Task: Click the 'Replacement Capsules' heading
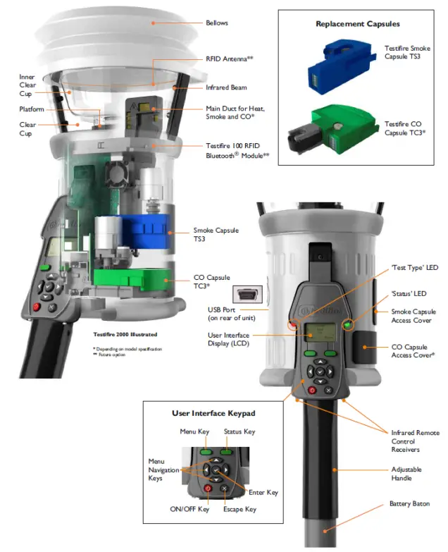pyautogui.click(x=358, y=24)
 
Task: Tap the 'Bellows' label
pyautogui.click(x=217, y=23)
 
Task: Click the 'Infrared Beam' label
pyautogui.click(x=226, y=88)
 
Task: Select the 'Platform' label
pyautogui.click(x=32, y=109)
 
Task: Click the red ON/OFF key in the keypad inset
pyautogui.click(x=208, y=488)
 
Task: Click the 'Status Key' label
pyautogui.click(x=239, y=431)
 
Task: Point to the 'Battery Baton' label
pyautogui.click(x=411, y=504)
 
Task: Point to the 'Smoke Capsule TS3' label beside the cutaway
pyautogui.click(x=216, y=235)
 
